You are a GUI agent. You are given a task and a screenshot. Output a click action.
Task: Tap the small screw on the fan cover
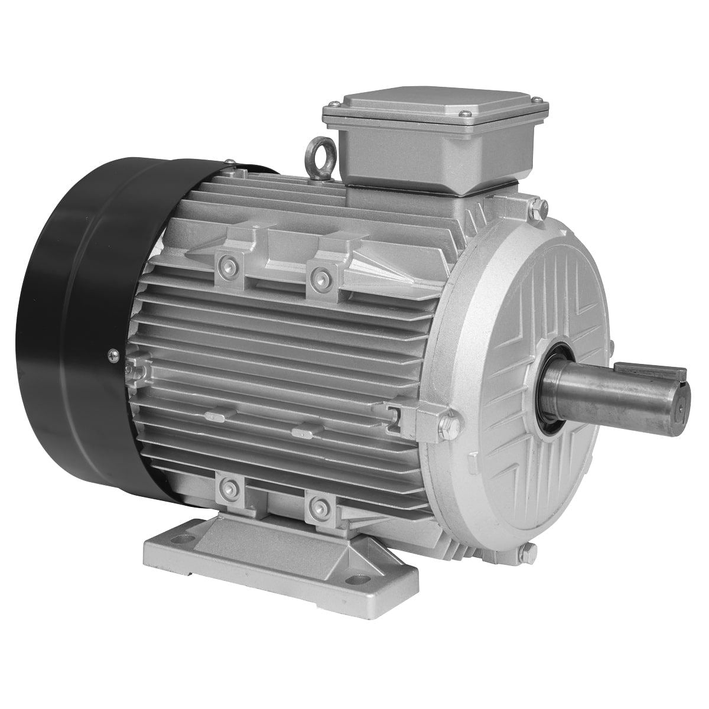[x=111, y=355]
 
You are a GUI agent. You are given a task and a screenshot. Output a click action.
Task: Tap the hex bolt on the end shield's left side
[x=447, y=424]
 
